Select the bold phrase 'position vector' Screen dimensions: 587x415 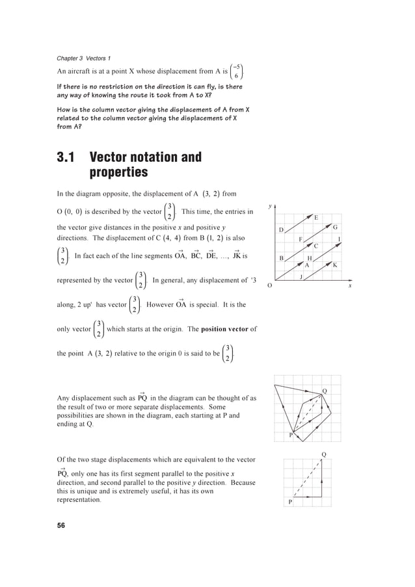click(227, 329)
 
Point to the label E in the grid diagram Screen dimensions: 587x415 click(316, 217)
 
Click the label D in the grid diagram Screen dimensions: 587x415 click(281, 231)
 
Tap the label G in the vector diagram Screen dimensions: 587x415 click(335, 228)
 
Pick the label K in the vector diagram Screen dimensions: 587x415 click(335, 265)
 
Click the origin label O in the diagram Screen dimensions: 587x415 click(271, 285)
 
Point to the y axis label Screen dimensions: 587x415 click(270, 207)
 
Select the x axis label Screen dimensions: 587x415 click(349, 285)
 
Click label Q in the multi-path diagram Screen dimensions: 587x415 click(325, 390)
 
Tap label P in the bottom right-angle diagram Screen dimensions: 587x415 click(290, 502)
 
